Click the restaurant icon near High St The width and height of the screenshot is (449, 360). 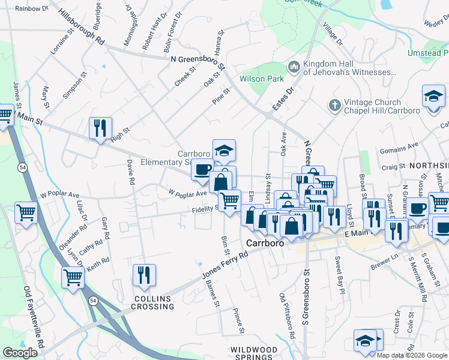[x=100, y=128]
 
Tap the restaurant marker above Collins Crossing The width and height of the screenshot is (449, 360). [x=144, y=275]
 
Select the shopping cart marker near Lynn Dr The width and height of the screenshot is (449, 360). [x=73, y=277]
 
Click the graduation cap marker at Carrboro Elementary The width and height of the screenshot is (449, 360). [x=224, y=151]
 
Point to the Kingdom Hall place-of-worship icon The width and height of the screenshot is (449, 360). [x=294, y=66]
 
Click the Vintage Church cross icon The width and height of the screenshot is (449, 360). [x=334, y=106]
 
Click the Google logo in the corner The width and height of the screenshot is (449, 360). [x=20, y=352]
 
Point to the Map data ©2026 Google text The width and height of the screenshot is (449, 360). [x=412, y=355]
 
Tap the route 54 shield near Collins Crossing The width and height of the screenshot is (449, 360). [x=94, y=302]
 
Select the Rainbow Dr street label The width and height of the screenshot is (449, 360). [x=31, y=8]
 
